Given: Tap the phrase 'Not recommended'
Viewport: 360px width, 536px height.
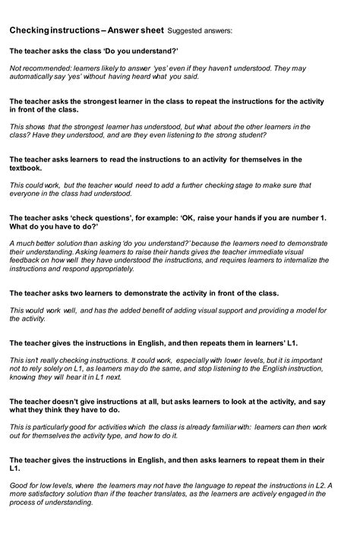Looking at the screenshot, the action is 34,68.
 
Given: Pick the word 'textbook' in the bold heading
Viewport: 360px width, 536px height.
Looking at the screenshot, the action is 25,169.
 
